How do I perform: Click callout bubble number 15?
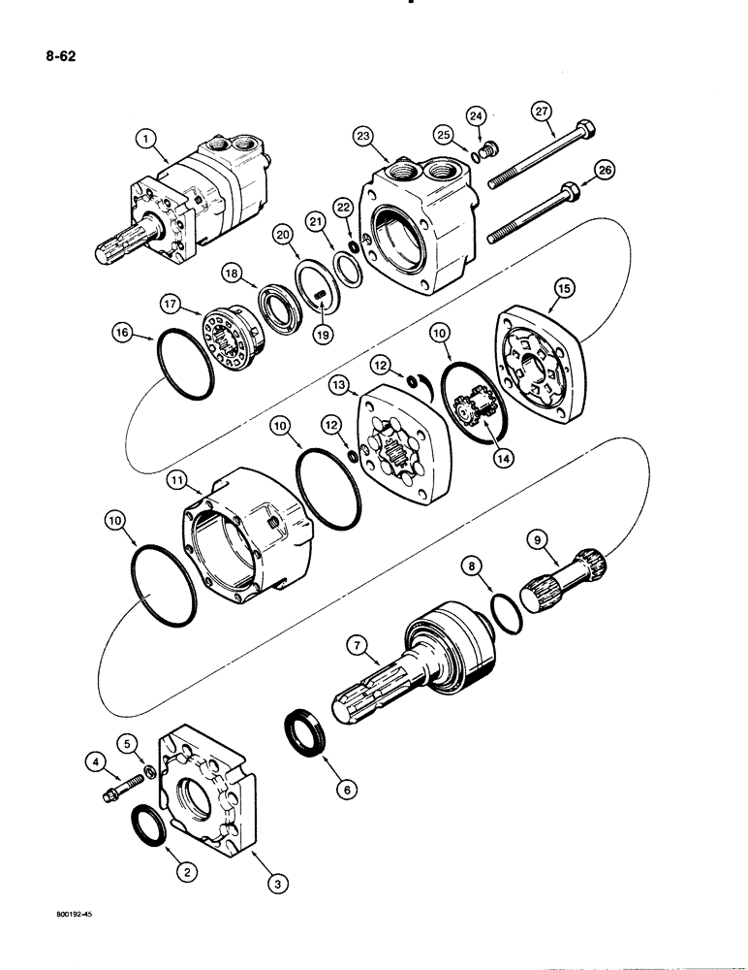point(563,287)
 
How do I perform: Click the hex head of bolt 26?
point(572,189)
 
